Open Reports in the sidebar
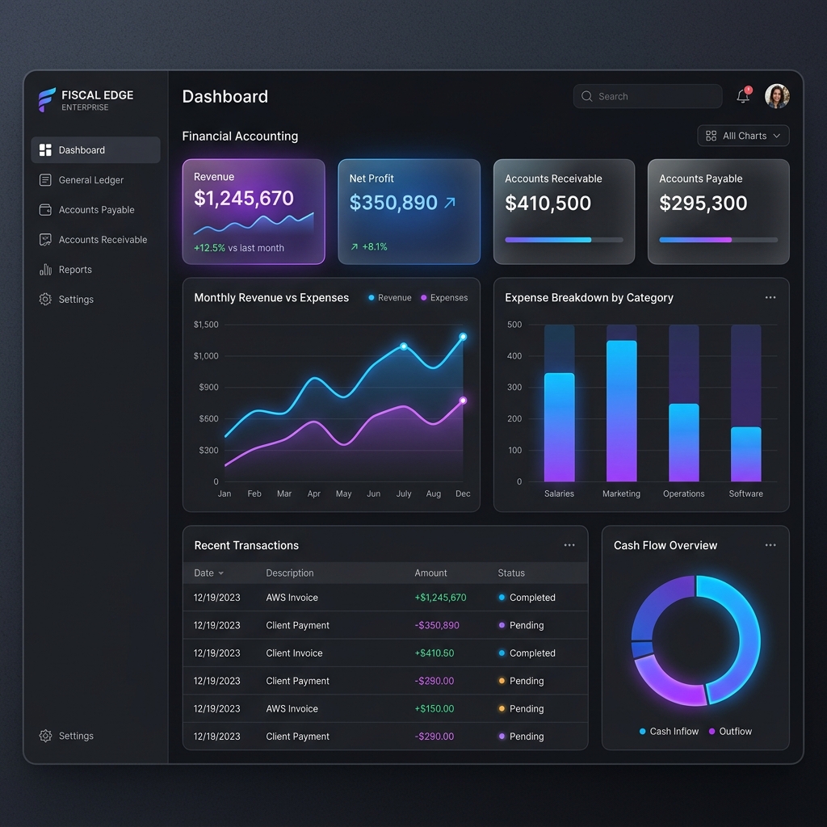pyautogui.click(x=65, y=270)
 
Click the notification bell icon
pyautogui.click(x=743, y=95)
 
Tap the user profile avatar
pyautogui.click(x=777, y=96)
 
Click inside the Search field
pyautogui.click(x=648, y=96)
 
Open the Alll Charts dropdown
pyautogui.click(x=743, y=136)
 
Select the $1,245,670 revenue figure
pyautogui.click(x=244, y=199)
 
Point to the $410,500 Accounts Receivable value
pyautogui.click(x=548, y=203)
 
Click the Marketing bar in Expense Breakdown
pyautogui.click(x=621, y=411)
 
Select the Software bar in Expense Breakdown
pyautogui.click(x=745, y=454)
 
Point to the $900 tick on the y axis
pyautogui.click(x=208, y=387)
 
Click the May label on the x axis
pyautogui.click(x=343, y=493)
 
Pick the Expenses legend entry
pyautogui.click(x=444, y=297)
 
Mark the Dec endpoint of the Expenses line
pyautogui.click(x=463, y=401)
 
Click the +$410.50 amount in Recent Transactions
pyautogui.click(x=434, y=653)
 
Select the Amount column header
pyautogui.click(x=430, y=573)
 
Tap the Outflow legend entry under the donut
pyautogui.click(x=730, y=731)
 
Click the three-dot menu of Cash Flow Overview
pyautogui.click(x=770, y=545)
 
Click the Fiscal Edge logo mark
pyautogui.click(x=46, y=99)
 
